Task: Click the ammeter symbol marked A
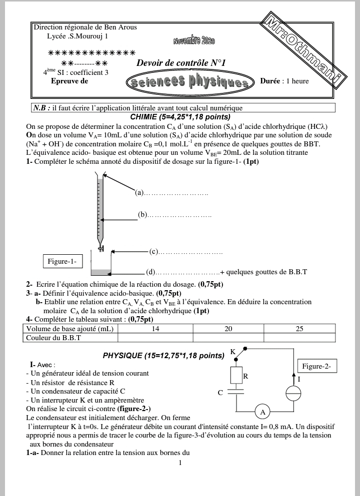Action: (262, 412)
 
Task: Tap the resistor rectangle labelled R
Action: (236, 376)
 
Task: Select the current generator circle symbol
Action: (293, 393)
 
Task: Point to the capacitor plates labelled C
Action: (236, 392)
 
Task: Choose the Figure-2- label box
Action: (316, 366)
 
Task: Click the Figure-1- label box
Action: (62, 261)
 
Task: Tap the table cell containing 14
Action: (155, 329)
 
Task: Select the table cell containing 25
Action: (299, 329)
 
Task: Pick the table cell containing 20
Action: (228, 329)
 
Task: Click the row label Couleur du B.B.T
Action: (53, 338)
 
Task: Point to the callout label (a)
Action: (139, 192)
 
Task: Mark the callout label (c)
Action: (153, 252)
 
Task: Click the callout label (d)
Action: (150, 272)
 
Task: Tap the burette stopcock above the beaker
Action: (101, 249)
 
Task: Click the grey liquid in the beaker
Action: (101, 272)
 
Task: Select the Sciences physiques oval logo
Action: (190, 82)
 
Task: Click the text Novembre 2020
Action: (194, 41)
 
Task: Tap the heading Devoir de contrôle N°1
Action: (181, 62)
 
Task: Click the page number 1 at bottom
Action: (180, 463)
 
